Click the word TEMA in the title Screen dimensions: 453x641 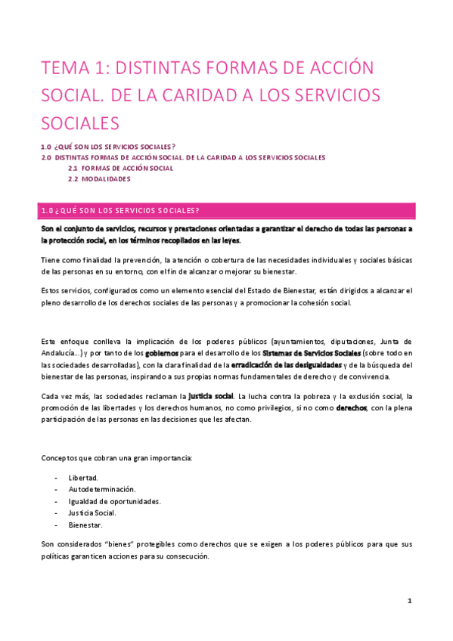coord(62,69)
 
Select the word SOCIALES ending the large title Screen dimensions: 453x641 coord(80,123)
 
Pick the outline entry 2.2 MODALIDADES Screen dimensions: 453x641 coord(99,179)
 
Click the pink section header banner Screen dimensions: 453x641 coord(226,210)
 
